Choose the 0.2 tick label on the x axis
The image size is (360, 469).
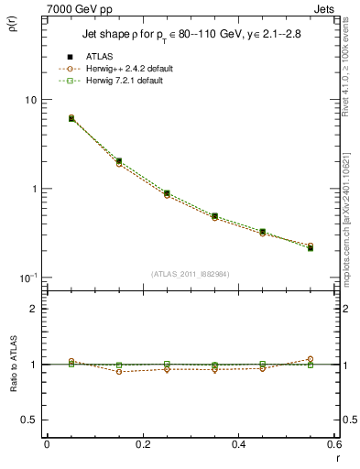pyautogui.click(x=142, y=444)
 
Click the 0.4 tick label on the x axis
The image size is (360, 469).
pyautogui.click(x=238, y=444)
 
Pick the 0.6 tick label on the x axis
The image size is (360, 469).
pyautogui.click(x=333, y=444)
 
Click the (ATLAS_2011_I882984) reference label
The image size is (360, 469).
pyautogui.click(x=190, y=273)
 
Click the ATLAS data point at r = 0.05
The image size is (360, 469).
pyautogui.click(x=71, y=119)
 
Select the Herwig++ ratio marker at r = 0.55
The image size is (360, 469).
pyautogui.click(x=311, y=359)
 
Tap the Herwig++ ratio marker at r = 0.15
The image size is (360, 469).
pyautogui.click(x=119, y=372)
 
